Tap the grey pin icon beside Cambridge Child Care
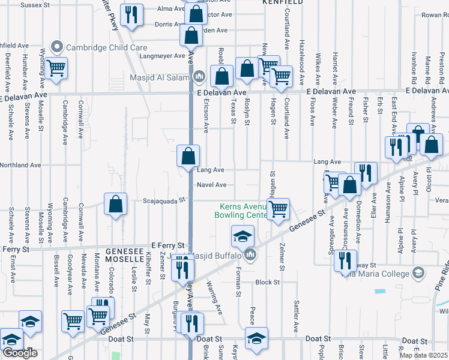tap(58, 46)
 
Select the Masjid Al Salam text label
tap(159, 77)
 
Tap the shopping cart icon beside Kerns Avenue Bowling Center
tap(278, 209)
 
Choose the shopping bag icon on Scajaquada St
tap(115, 204)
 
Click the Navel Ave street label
tap(212, 185)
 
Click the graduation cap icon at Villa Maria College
tap(418, 274)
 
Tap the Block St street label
tap(268, 282)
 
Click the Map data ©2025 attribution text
tap(424, 355)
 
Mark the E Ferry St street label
tap(166, 246)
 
